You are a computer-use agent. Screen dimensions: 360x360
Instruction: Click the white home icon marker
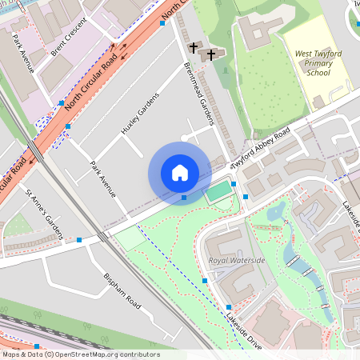click(x=180, y=173)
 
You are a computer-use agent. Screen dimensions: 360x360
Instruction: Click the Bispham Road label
click(x=122, y=291)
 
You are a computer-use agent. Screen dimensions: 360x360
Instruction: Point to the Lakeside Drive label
click(x=242, y=328)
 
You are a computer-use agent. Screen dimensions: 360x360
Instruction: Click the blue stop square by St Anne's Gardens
click(x=79, y=240)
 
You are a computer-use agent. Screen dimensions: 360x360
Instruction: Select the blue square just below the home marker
click(x=184, y=197)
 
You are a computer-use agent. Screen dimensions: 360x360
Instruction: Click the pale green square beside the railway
click(x=130, y=238)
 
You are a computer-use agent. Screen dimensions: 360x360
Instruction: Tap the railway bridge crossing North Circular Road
click(x=36, y=150)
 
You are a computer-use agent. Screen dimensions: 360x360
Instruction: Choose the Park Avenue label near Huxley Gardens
click(x=103, y=177)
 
